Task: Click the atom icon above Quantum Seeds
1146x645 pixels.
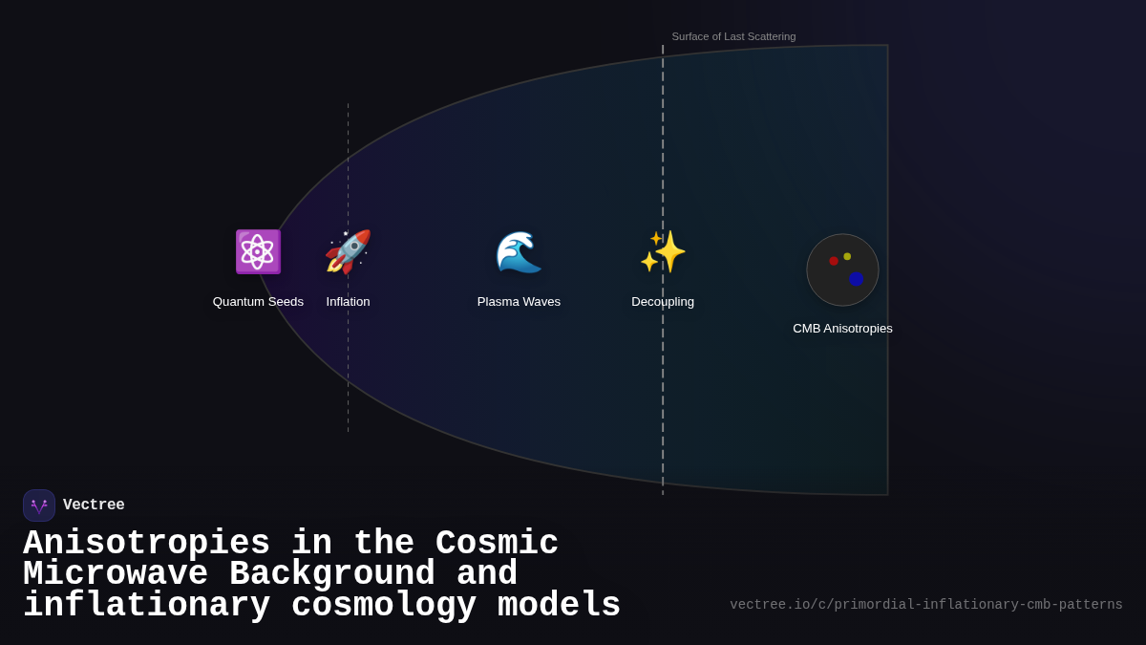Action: pos(258,251)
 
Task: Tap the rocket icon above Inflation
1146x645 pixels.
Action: pos(348,251)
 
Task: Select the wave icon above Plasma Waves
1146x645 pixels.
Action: pos(519,252)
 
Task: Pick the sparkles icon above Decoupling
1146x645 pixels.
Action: pos(663,251)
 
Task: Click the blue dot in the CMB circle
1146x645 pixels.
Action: pos(856,279)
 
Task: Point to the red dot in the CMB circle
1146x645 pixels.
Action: pos(834,261)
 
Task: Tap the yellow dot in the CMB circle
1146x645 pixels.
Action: pos(847,256)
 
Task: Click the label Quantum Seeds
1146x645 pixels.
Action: pos(258,302)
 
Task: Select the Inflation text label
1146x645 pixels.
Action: pos(348,302)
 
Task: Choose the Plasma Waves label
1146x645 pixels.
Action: pos(519,302)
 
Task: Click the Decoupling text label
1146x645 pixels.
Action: pos(663,302)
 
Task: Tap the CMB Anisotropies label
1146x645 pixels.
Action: pos(842,329)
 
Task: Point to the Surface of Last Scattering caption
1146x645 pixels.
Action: pos(733,36)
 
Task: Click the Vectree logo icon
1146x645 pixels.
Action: pos(39,505)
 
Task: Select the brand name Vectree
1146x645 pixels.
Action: pos(94,505)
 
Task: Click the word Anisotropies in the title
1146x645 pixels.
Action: pos(146,544)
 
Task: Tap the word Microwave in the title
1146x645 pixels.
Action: pos(116,574)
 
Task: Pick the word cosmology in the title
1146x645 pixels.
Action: pos(384,606)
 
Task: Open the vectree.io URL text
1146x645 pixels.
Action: pos(926,605)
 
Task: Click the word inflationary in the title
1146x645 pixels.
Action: pos(146,606)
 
